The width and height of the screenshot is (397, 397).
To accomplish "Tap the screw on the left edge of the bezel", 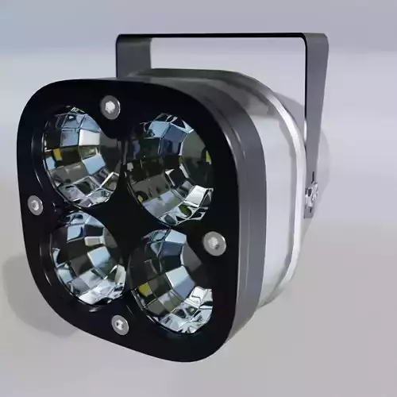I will pyautogui.click(x=35, y=204).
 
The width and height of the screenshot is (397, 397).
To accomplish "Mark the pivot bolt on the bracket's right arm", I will pyautogui.click(x=311, y=193).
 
